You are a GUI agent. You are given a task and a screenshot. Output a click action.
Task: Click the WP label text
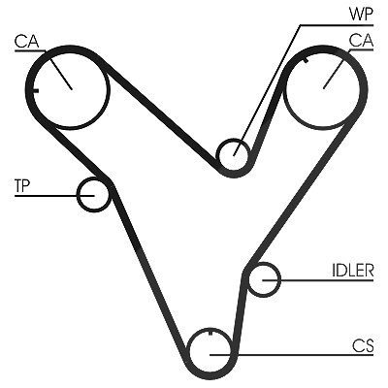[361, 15]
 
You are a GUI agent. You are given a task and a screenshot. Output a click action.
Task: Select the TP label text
[22, 186]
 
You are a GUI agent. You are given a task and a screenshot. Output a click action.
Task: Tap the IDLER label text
[353, 271]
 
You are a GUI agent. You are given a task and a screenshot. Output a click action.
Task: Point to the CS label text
[363, 345]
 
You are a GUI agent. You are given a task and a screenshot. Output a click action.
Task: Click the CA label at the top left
[26, 42]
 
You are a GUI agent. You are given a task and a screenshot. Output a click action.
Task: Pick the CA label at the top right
[361, 41]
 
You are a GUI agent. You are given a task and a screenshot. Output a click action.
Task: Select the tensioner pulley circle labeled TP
[78, 195]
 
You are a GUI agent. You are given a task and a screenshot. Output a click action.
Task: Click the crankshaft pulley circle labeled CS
[188, 351]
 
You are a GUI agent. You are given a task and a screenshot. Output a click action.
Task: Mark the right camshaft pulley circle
[359, 88]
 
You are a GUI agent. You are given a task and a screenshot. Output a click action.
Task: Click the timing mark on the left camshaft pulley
[35, 90]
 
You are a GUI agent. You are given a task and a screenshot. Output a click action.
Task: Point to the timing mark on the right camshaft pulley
[306, 60]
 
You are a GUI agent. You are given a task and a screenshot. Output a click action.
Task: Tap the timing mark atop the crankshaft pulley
[210, 332]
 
